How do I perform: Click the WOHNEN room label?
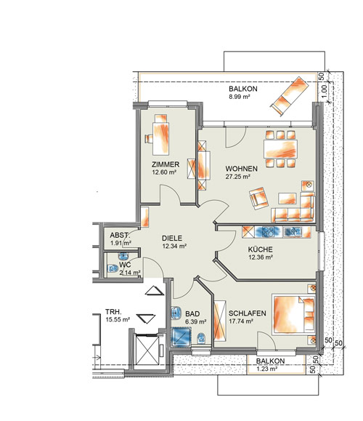[241, 169]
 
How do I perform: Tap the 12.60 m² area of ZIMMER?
[164, 172]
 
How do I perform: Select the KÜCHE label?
[260, 249]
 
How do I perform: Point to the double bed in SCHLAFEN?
[294, 314]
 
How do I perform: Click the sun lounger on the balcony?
[290, 96]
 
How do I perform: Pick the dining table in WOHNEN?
[280, 148]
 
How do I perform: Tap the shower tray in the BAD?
[181, 337]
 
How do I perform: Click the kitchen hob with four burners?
[268, 232]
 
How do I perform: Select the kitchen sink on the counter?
[293, 232]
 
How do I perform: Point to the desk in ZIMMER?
[161, 138]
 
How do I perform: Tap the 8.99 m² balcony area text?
[239, 97]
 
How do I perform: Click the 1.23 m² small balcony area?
[266, 369]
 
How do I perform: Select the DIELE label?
[172, 238]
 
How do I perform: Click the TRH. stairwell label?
[113, 312]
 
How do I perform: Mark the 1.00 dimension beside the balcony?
[324, 92]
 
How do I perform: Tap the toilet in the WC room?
[113, 268]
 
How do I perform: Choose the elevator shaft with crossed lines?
[147, 350]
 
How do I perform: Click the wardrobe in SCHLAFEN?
[220, 321]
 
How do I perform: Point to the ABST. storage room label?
[120, 235]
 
